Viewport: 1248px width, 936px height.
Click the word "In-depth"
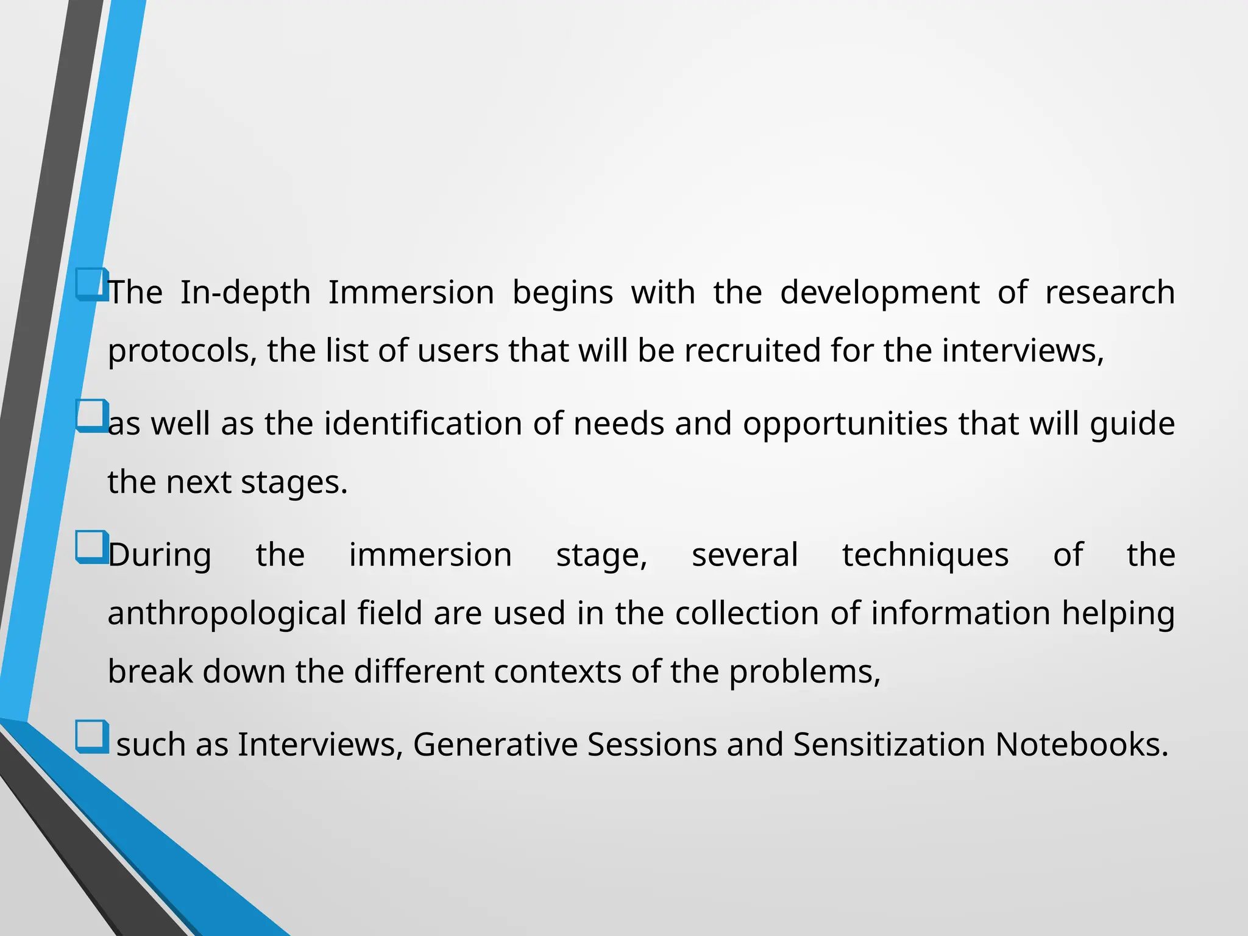pyautogui.click(x=245, y=292)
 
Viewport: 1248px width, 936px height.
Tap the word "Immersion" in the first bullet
pyautogui.click(x=411, y=292)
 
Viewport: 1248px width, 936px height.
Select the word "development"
pyautogui.click(x=879, y=292)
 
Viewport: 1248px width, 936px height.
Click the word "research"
pyautogui.click(x=1110, y=292)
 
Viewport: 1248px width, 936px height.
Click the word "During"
pyautogui.click(x=160, y=556)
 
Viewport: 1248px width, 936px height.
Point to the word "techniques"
pyautogui.click(x=925, y=556)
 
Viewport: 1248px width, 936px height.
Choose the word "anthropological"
pyautogui.click(x=227, y=614)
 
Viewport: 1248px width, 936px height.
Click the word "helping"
pyautogui.click(x=1118, y=614)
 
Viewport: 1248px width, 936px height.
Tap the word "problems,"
pyautogui.click(x=804, y=672)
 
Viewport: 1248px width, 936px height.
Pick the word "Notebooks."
pyautogui.click(x=1082, y=745)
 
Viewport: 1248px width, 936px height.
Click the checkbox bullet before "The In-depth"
pyautogui.click(x=92, y=284)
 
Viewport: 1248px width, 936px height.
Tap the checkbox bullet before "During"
pyautogui.click(x=92, y=547)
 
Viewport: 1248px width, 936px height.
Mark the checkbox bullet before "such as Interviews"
pyautogui.click(x=92, y=736)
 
